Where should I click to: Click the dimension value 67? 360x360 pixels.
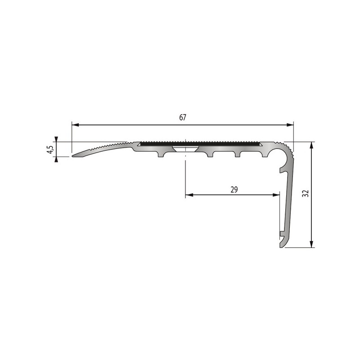(182, 117)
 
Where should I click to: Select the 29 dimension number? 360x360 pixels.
(234, 189)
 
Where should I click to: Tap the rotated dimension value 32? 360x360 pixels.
(306, 193)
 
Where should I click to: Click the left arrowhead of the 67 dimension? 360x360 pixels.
(75, 125)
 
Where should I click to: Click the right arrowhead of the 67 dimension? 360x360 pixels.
(290, 125)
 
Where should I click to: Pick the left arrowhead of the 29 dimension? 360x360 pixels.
(189, 195)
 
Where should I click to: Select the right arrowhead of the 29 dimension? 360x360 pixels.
(276, 195)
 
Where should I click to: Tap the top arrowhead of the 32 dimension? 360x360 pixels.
(311, 145)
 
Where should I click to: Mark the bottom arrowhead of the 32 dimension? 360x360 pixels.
(311, 244)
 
